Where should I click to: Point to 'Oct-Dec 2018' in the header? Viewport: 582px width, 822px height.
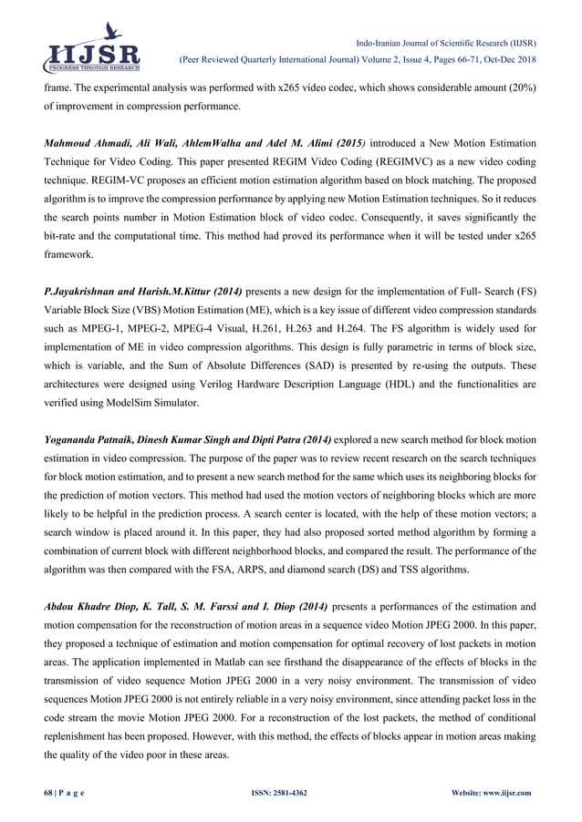tap(509, 60)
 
